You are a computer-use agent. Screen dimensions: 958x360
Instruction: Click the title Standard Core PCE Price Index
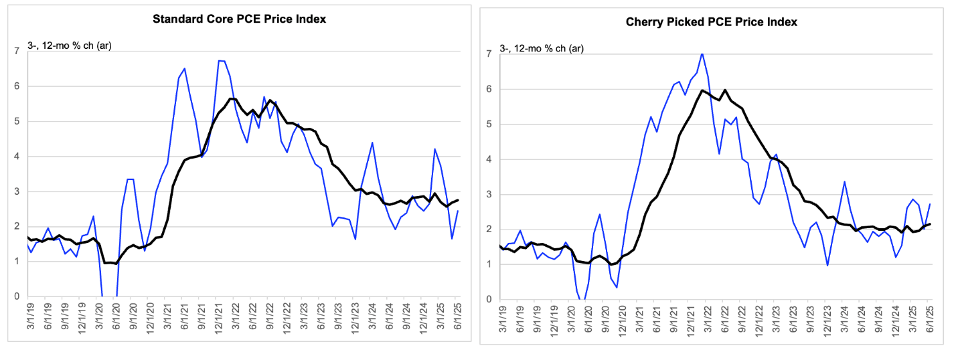pyautogui.click(x=239, y=19)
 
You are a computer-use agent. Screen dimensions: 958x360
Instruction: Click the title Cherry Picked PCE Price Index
pyautogui.click(x=711, y=22)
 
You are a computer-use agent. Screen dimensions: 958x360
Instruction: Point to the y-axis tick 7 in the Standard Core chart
pyautogui.click(x=17, y=51)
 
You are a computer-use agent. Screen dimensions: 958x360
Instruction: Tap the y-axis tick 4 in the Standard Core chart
pyautogui.click(x=17, y=157)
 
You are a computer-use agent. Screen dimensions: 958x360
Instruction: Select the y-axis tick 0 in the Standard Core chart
pyautogui.click(x=17, y=296)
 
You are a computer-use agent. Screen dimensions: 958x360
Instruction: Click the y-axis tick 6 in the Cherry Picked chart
pyautogui.click(x=489, y=89)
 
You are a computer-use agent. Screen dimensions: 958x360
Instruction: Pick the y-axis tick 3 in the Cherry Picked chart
pyautogui.click(x=489, y=194)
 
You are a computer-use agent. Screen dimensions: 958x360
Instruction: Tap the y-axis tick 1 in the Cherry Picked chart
pyautogui.click(x=489, y=264)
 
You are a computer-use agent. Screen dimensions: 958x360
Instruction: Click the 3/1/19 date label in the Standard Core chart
pyautogui.click(x=31, y=317)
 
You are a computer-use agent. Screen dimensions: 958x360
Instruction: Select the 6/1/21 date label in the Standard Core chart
pyautogui.click(x=184, y=317)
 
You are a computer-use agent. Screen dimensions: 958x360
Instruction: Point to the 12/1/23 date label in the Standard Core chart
pyautogui.click(x=355, y=319)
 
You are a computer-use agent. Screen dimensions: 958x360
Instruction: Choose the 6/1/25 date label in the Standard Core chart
pyautogui.click(x=457, y=317)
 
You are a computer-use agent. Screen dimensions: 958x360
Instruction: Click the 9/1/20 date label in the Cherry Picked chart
pyautogui.click(x=605, y=319)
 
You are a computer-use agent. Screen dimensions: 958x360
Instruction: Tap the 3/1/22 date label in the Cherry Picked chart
pyautogui.click(x=708, y=319)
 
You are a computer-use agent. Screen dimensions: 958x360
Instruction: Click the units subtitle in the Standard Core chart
pyautogui.click(x=70, y=46)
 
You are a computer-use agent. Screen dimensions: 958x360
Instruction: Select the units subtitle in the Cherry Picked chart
pyautogui.click(x=542, y=49)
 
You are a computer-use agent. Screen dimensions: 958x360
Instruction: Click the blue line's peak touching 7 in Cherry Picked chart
pyautogui.click(x=702, y=54)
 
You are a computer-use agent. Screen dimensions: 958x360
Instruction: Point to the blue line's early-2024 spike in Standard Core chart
pyautogui.click(x=372, y=143)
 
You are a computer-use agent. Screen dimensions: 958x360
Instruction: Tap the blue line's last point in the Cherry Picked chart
pyautogui.click(x=930, y=204)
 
